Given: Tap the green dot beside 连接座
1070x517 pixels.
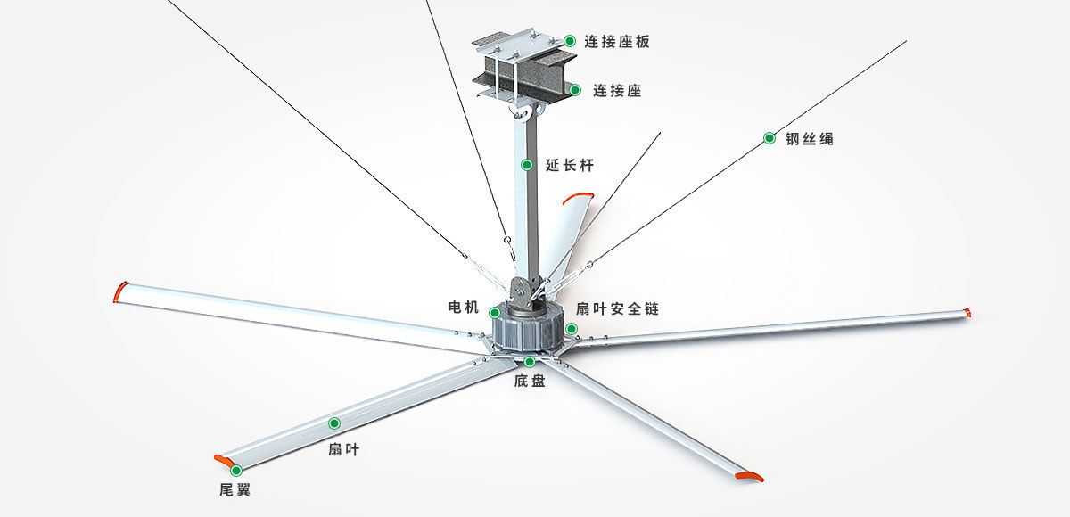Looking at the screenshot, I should pyautogui.click(x=575, y=90).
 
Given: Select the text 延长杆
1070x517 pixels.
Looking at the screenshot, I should pyautogui.click(x=569, y=165).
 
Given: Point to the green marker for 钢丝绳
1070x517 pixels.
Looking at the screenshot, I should pyautogui.click(x=769, y=138).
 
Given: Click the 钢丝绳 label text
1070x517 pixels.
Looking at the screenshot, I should pyautogui.click(x=809, y=138).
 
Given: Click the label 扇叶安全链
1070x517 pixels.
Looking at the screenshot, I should pyautogui.click(x=617, y=308).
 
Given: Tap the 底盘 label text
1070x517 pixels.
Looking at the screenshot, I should pyautogui.click(x=530, y=381).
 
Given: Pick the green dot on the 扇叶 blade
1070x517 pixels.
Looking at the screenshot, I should pyautogui.click(x=335, y=423).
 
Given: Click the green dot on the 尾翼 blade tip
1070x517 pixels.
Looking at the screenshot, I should pyautogui.click(x=236, y=470).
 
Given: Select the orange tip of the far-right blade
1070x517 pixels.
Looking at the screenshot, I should pyautogui.click(x=969, y=312).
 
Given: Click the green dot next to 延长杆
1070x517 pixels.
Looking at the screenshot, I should pyautogui.click(x=527, y=165).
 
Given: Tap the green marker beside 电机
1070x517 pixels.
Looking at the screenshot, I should pyautogui.click(x=495, y=312).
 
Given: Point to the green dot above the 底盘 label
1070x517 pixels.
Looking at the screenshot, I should pyautogui.click(x=530, y=361).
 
